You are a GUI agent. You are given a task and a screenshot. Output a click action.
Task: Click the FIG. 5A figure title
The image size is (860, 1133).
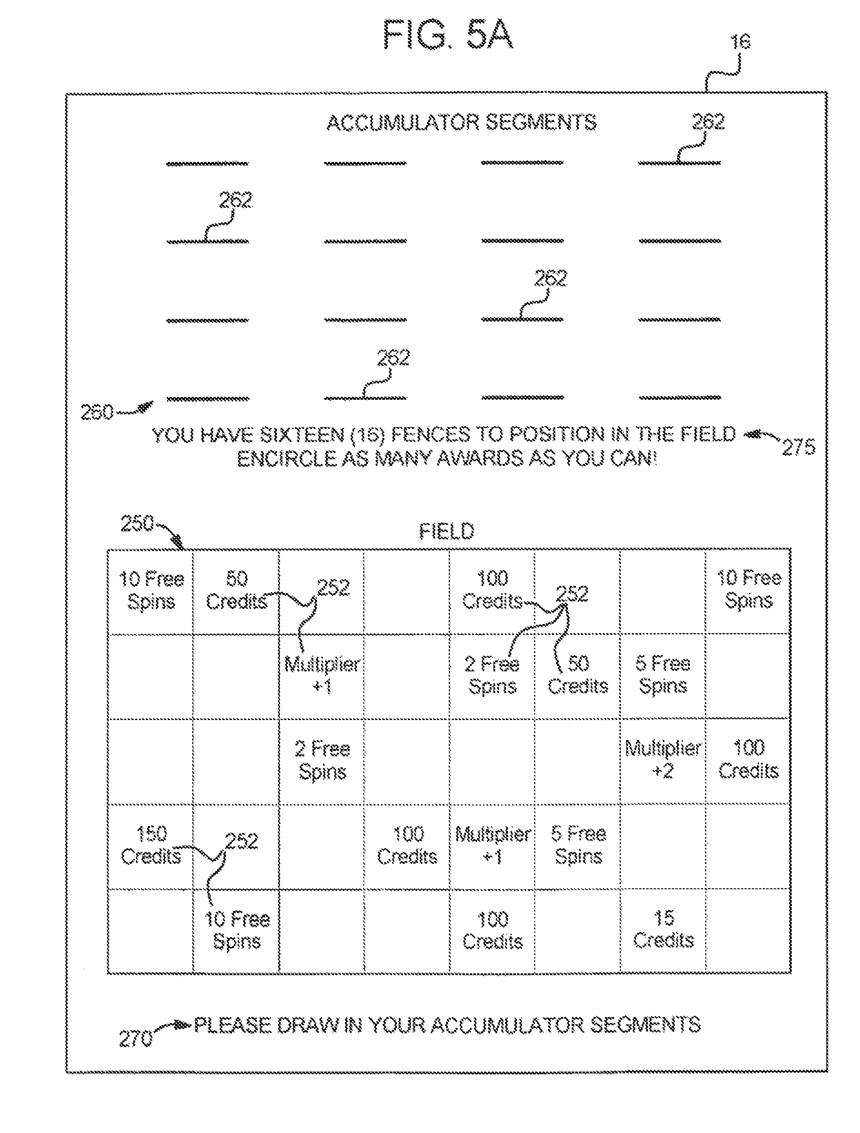click(x=448, y=35)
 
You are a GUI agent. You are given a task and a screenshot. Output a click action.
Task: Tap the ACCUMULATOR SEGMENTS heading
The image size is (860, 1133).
click(x=462, y=123)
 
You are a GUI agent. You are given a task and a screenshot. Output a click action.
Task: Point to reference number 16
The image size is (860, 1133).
click(x=740, y=42)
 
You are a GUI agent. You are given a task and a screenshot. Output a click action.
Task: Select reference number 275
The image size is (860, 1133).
click(x=799, y=447)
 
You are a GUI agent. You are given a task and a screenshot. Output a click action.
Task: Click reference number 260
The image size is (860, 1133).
click(x=97, y=413)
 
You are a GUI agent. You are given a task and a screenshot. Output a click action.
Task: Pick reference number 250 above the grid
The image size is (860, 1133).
click(x=137, y=524)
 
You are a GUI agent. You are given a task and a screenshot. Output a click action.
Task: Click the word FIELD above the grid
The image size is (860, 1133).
click(x=447, y=531)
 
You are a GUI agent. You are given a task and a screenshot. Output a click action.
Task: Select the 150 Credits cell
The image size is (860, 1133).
click(x=151, y=845)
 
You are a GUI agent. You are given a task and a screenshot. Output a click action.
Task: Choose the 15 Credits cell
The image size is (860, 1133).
click(x=664, y=929)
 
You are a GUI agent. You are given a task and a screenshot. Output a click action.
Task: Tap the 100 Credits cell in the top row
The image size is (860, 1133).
click(x=492, y=589)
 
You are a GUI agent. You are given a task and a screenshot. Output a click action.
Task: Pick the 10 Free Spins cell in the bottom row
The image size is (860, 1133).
click(x=236, y=930)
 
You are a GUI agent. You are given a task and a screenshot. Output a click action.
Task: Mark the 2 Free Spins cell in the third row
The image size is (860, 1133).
click(x=322, y=760)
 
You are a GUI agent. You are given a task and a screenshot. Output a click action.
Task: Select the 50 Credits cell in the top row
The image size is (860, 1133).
click(x=236, y=590)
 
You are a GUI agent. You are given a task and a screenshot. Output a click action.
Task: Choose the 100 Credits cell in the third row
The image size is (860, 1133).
click(x=748, y=759)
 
